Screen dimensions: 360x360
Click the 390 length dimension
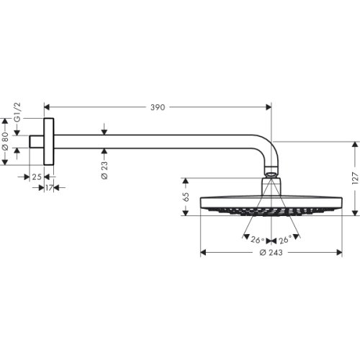pos(157,107)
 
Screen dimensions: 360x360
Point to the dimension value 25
pos(36,176)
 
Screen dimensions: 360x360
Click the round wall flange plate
pos(49,141)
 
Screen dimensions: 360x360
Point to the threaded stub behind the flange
pos(37,141)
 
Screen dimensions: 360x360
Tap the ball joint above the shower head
pos(270,174)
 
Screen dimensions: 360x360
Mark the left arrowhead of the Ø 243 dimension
pos(202,253)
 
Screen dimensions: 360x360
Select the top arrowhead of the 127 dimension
pos(353,143)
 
